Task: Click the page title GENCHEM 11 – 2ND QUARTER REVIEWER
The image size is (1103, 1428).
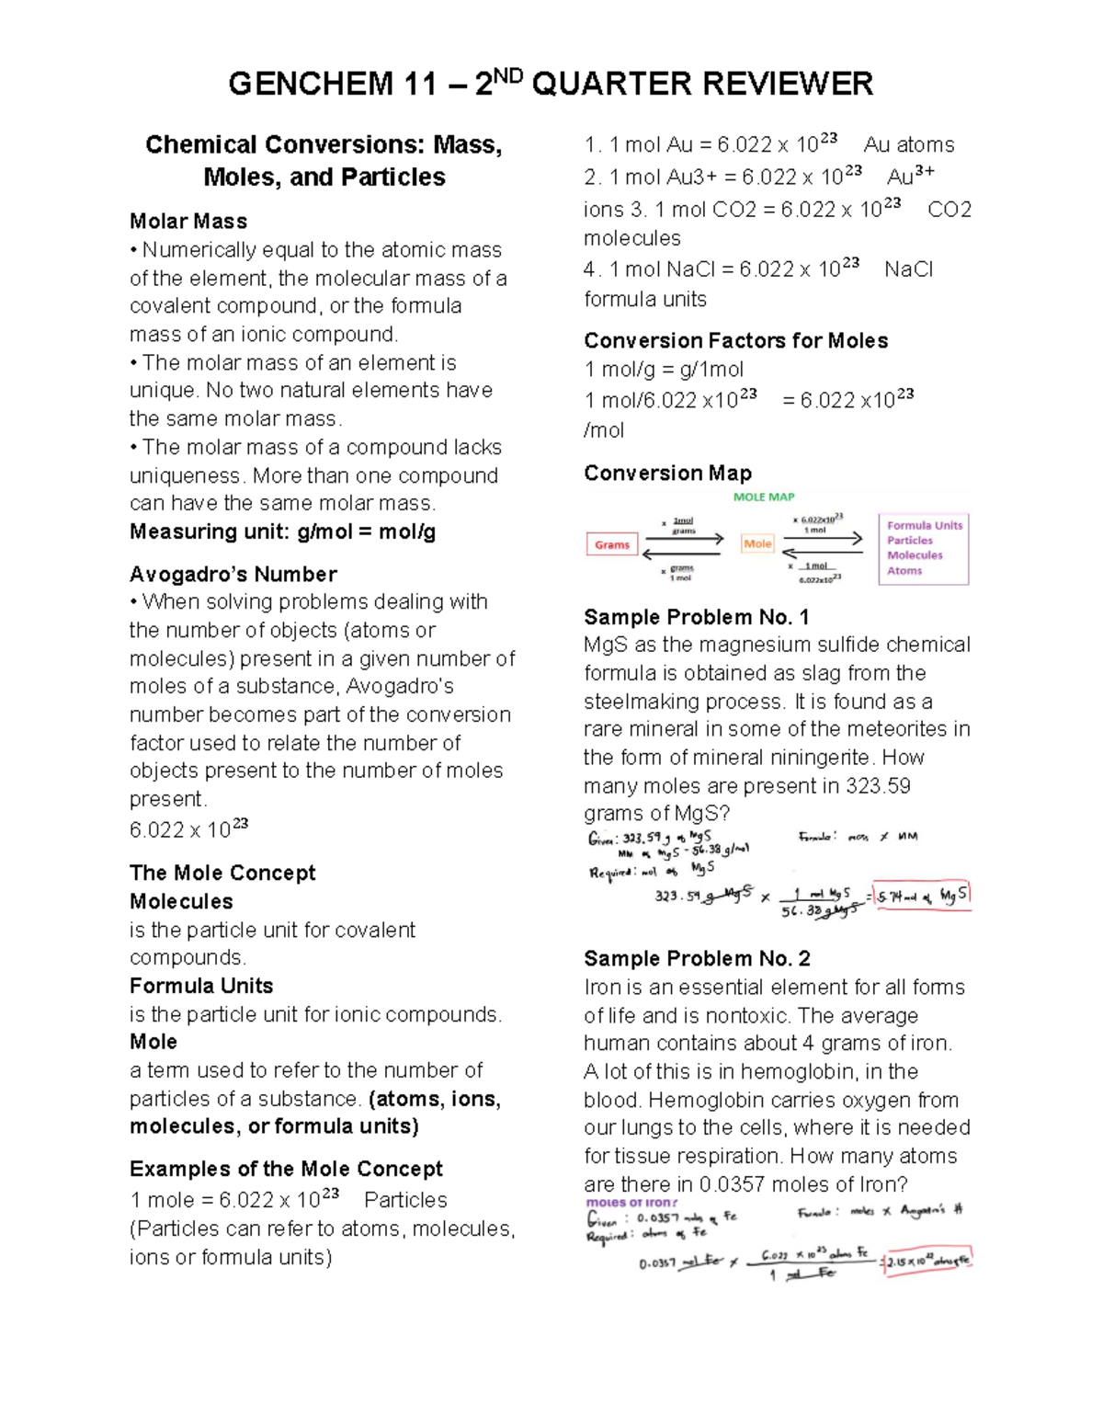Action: [551, 84]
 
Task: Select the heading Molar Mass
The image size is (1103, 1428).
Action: [188, 222]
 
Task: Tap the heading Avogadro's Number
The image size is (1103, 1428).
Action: [233, 575]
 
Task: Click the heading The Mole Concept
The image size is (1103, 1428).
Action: [222, 873]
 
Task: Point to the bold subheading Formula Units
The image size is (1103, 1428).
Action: [201, 986]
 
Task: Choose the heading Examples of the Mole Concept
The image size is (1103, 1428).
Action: [286, 1169]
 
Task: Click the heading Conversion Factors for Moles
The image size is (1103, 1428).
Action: [735, 341]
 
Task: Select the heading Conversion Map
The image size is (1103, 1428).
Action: [667, 474]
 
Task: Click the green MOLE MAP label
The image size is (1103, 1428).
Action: [763, 497]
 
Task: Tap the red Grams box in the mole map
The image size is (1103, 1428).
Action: [612, 545]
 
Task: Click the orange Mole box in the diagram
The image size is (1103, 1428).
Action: [757, 544]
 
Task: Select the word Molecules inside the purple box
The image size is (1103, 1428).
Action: [915, 555]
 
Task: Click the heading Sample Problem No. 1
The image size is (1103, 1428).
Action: [696, 617]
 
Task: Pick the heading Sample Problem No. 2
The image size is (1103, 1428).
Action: [697, 959]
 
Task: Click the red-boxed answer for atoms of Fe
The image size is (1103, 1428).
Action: [927, 1262]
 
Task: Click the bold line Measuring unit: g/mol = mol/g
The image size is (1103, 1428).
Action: [282, 531]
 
